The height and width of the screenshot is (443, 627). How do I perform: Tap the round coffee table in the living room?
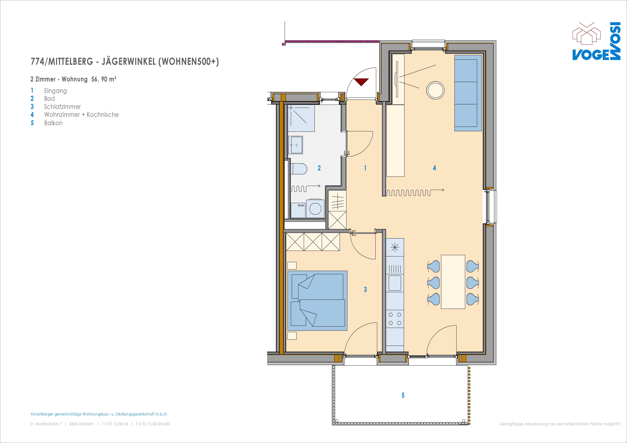coord(435,90)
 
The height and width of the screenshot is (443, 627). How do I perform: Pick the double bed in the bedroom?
coord(317,301)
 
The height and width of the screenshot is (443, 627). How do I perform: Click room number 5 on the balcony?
coord(403,395)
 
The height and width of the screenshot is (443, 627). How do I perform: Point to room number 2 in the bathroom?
coord(319,168)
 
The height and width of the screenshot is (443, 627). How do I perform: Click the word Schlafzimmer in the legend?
coord(63,107)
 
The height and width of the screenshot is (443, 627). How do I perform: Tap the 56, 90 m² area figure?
coord(104,79)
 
